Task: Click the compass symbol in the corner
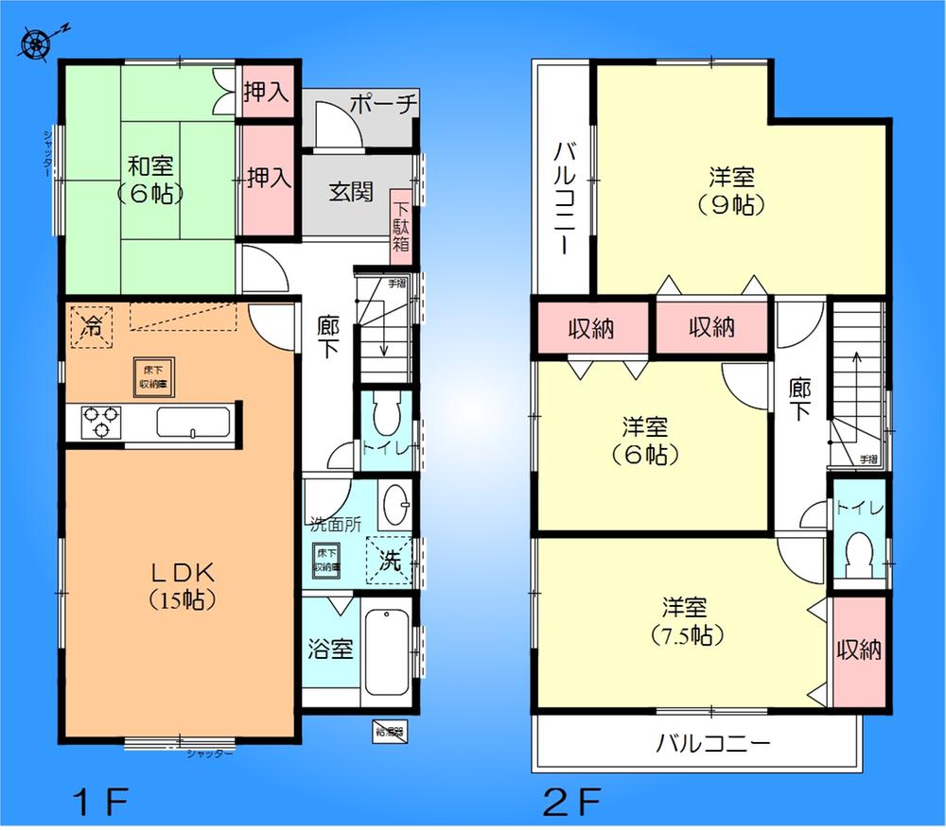[37, 43]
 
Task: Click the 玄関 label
[349, 192]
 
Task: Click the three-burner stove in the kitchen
[99, 421]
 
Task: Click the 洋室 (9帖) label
[730, 190]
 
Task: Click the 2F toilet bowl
[859, 556]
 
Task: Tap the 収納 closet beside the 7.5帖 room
[859, 650]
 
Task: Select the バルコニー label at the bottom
[713, 743]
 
